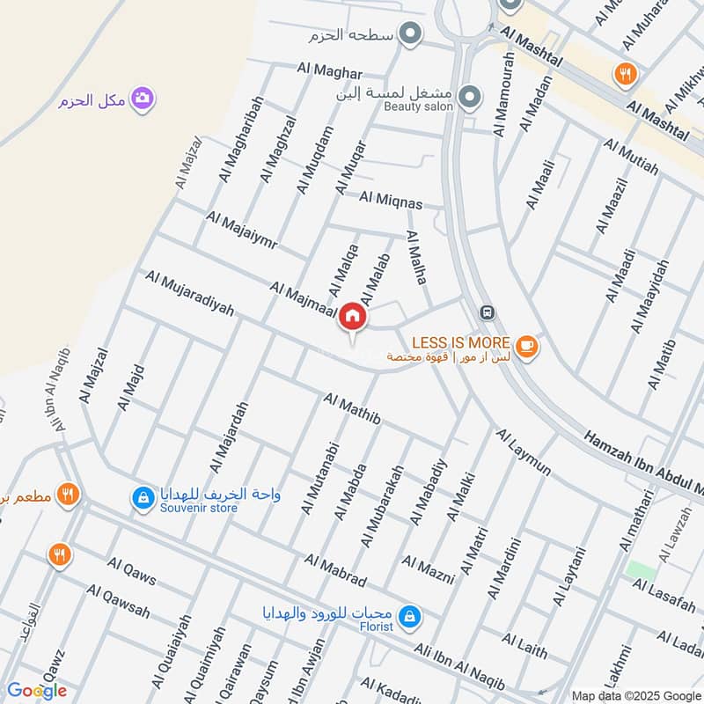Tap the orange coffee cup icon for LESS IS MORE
coord(526,347)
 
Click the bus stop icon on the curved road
coord(485,312)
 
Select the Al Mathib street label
coord(352,410)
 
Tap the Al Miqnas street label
coord(391,201)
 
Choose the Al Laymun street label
coord(523,451)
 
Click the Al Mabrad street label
coord(335,570)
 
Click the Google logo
coord(37,691)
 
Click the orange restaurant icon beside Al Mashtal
coord(626,74)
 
